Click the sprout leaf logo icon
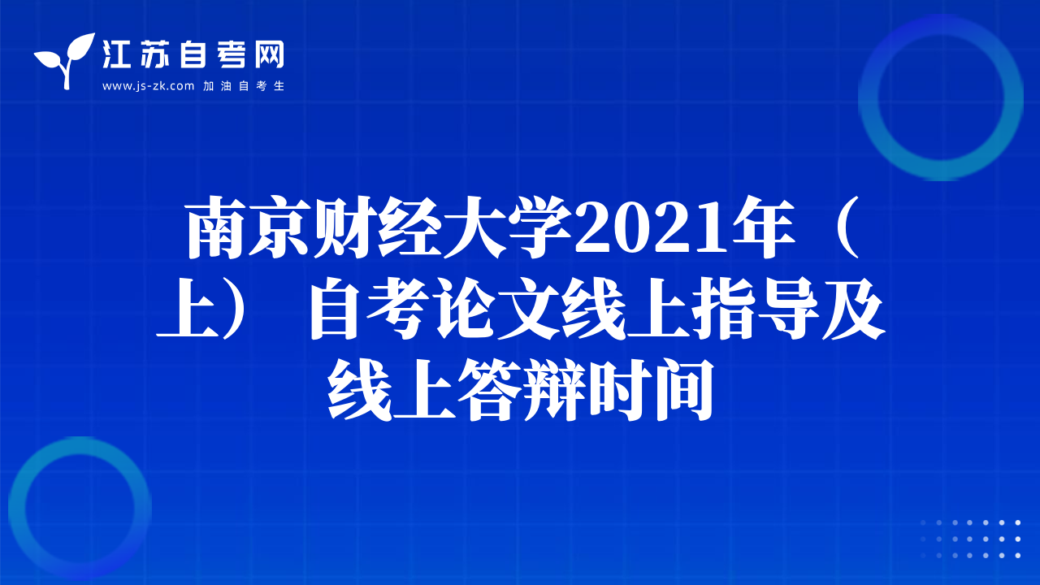pyautogui.click(x=64, y=60)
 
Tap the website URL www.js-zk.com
pyautogui.click(x=148, y=86)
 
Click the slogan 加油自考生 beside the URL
pyautogui.click(x=244, y=86)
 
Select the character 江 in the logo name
pyautogui.click(x=116, y=54)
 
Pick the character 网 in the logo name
pyautogui.click(x=270, y=54)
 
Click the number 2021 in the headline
pyautogui.click(x=651, y=229)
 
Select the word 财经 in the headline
pyautogui.click(x=377, y=227)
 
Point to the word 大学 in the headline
pyautogui.click(x=507, y=227)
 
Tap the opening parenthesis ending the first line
pyautogui.click(x=844, y=227)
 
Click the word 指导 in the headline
pyautogui.click(x=756, y=308)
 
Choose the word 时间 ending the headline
pyautogui.click(x=650, y=389)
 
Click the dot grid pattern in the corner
pyautogui.click(x=970, y=539)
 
